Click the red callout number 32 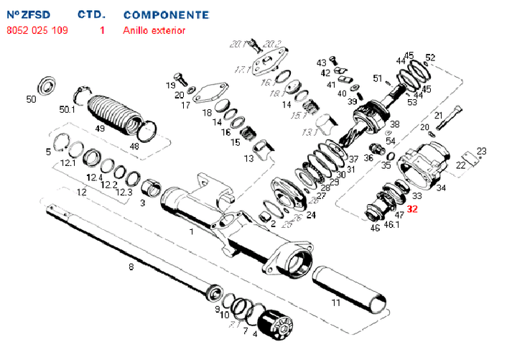tap(412, 209)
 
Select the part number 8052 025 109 tap(37, 31)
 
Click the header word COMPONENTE tap(167, 14)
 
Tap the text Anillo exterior tap(154, 31)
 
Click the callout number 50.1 tap(67, 110)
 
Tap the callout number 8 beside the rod tap(130, 268)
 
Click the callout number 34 tap(441, 188)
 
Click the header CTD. tap(91, 14)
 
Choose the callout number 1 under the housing tap(191, 231)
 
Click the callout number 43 tap(321, 63)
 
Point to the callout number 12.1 tap(68, 164)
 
